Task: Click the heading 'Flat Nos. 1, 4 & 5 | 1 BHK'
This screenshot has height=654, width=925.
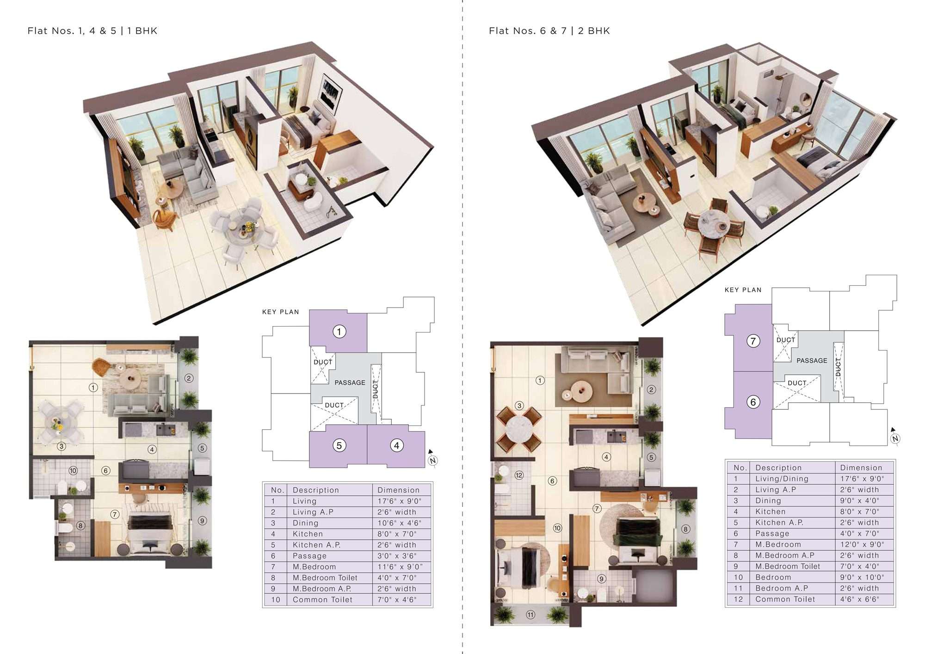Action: (92, 31)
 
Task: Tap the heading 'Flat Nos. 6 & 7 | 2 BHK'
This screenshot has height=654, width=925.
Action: (549, 31)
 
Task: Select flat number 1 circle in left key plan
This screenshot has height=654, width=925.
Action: (339, 332)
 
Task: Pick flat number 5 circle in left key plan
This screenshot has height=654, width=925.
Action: (339, 445)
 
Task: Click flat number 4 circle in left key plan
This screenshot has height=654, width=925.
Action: (396, 445)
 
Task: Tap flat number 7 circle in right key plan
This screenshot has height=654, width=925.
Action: (753, 341)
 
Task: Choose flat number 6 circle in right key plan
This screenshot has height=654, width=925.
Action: (753, 402)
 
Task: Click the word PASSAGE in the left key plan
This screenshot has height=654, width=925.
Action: (350, 383)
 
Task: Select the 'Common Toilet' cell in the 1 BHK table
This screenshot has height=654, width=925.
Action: (322, 599)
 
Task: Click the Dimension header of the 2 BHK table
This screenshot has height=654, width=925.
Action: (861, 468)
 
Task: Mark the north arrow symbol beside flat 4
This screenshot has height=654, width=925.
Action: (432, 458)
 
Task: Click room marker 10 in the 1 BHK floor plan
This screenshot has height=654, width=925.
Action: (73, 471)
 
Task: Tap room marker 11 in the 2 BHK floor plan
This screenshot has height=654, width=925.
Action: (530, 615)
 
